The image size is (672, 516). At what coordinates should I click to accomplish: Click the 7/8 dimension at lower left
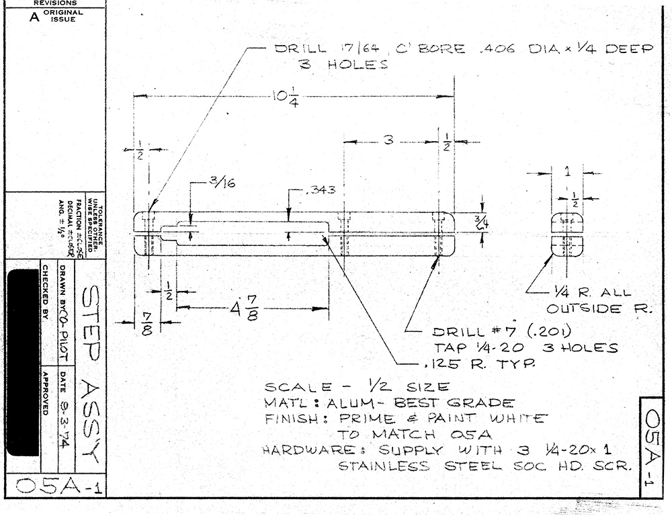pos(146,322)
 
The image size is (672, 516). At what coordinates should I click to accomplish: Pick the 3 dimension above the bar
pos(388,140)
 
